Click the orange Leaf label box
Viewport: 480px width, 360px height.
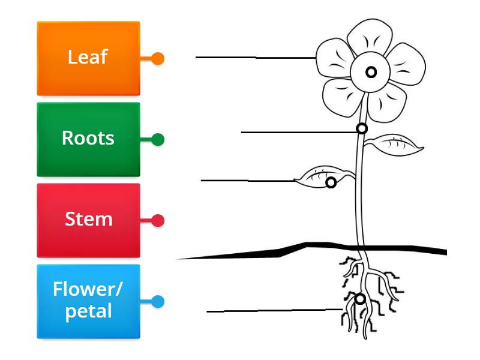coord(88,59)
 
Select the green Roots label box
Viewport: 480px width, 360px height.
coord(88,139)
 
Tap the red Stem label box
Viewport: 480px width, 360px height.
coord(88,220)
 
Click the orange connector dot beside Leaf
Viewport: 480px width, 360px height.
coord(158,59)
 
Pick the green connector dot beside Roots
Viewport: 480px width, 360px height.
coord(158,140)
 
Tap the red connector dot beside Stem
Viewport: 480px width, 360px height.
coord(158,221)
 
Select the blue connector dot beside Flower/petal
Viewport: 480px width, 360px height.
coord(158,302)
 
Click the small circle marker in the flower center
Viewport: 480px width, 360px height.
coord(371,72)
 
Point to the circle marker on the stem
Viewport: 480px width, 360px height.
coord(362,128)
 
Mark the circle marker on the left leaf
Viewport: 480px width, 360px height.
coord(331,182)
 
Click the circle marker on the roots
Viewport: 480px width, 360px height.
coord(359,299)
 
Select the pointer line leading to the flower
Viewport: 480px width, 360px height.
coord(255,58)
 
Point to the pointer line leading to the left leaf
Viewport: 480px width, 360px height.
coord(246,180)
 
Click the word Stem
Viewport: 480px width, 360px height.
coord(88,219)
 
